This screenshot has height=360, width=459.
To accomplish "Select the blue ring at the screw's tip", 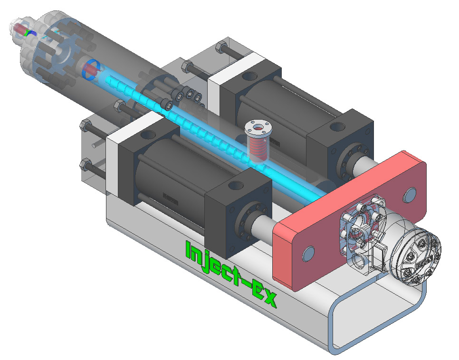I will click(90, 70).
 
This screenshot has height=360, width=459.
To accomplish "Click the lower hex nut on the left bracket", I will click(85, 165).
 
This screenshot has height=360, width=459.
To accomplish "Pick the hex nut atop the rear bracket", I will click(221, 48).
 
